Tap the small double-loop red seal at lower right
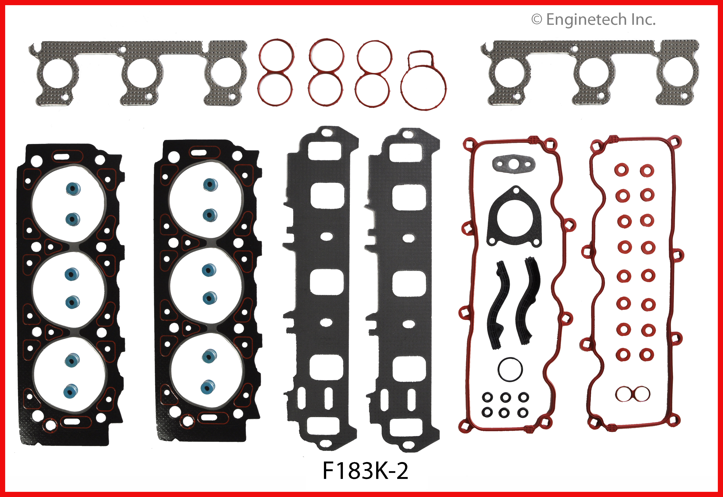[x=633, y=394]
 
